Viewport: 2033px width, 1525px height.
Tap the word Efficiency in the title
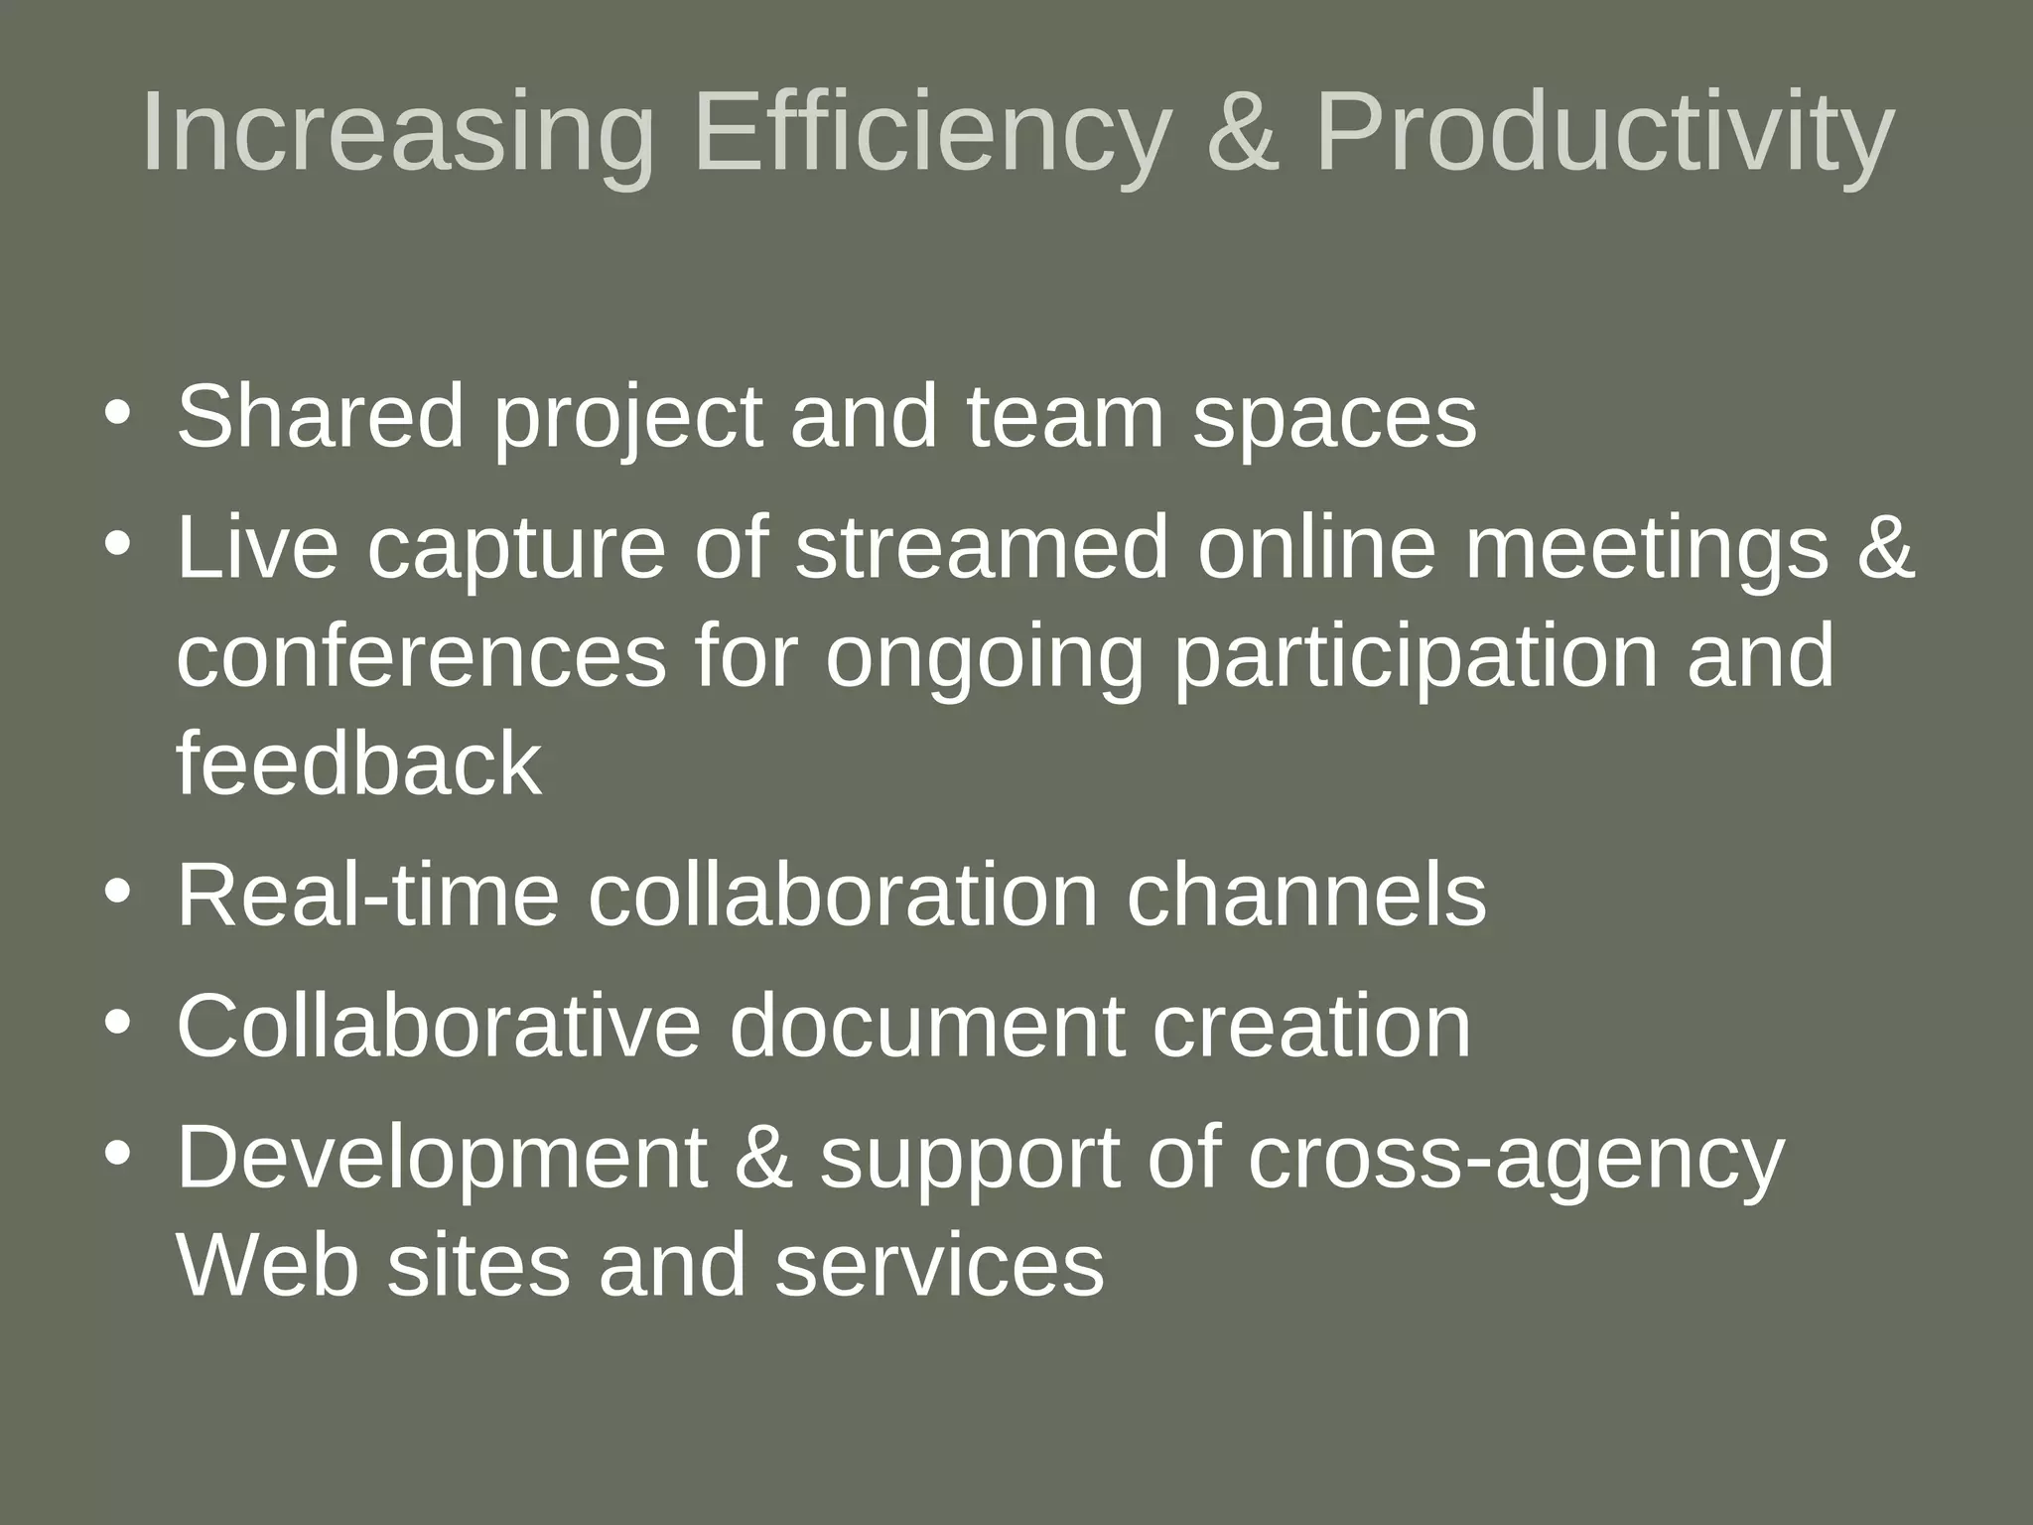930,134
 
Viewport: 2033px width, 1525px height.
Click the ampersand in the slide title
1244,134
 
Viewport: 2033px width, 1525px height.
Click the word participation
1416,659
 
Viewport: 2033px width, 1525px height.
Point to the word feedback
359,764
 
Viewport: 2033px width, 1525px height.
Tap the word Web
267,1266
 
